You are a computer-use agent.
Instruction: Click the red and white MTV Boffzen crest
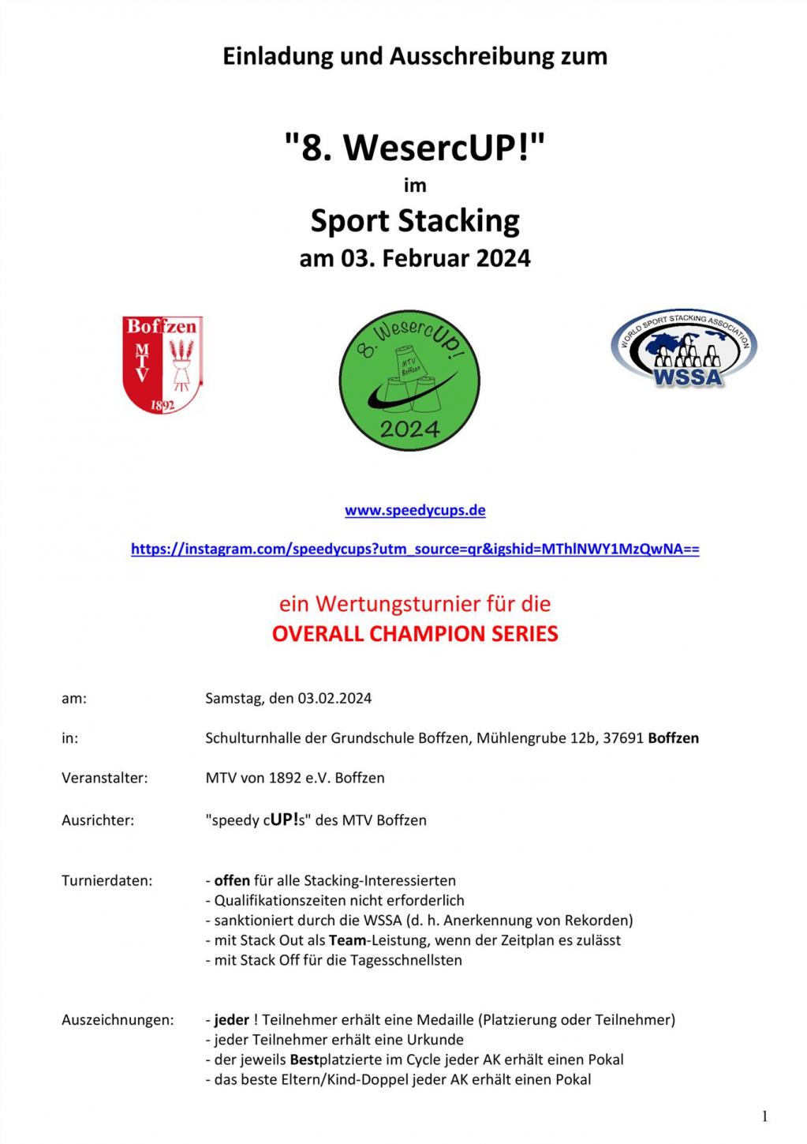[162, 364]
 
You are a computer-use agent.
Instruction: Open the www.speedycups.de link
[415, 510]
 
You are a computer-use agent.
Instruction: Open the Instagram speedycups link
[415, 549]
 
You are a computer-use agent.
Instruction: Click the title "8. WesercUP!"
[415, 147]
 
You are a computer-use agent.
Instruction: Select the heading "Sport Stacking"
[415, 221]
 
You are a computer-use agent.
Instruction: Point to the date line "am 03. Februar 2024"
[415, 258]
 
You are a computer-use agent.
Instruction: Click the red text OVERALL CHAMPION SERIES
[415, 634]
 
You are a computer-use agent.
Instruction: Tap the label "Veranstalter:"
[105, 778]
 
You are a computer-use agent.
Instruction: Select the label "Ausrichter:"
[98, 820]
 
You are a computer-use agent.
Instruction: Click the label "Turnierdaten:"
[107, 880]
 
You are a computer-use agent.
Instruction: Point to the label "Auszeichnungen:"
[118, 1020]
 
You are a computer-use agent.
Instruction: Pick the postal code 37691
[623, 738]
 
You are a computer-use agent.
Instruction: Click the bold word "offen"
[232, 880]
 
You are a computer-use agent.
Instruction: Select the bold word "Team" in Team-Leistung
[345, 940]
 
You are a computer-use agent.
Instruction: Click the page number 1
[764, 1116]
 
